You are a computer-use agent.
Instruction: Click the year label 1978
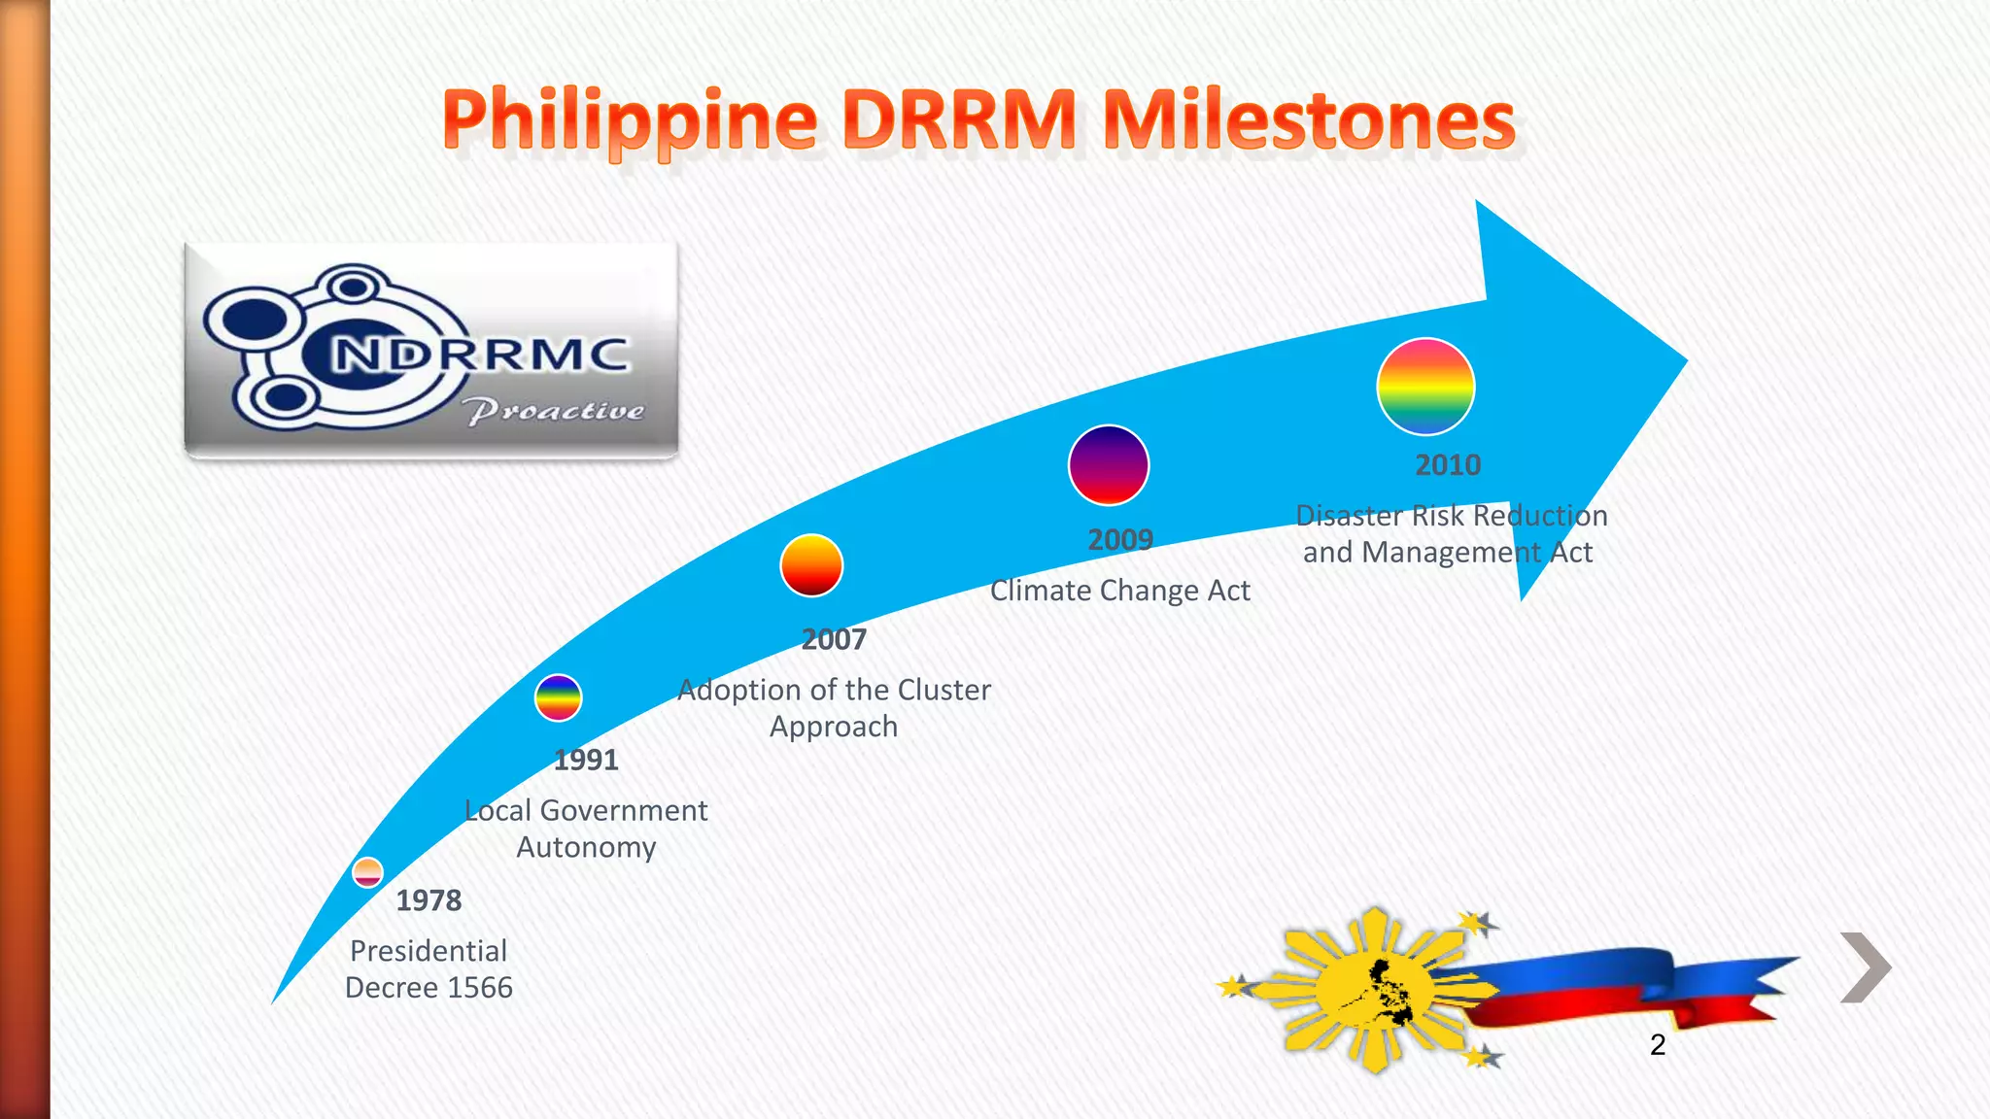pyautogui.click(x=429, y=900)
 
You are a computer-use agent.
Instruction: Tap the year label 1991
pyautogui.click(x=586, y=760)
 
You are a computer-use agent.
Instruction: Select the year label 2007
pyautogui.click(x=834, y=639)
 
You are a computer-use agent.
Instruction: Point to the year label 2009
pyautogui.click(x=1120, y=539)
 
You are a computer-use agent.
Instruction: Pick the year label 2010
pyautogui.click(x=1448, y=465)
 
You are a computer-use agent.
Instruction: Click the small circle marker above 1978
pyautogui.click(x=367, y=872)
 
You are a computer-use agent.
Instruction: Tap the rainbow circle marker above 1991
pyautogui.click(x=558, y=697)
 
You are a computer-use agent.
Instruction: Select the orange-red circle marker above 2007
pyautogui.click(x=811, y=565)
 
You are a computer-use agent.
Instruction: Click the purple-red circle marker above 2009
pyautogui.click(x=1109, y=465)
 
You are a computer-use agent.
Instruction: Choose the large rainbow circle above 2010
pyautogui.click(x=1425, y=386)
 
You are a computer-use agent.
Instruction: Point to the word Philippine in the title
pyautogui.click(x=630, y=122)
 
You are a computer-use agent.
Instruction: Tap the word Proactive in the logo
pyautogui.click(x=554, y=411)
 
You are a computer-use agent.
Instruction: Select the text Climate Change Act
pyautogui.click(x=1119, y=591)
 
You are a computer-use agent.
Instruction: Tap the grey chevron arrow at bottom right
pyautogui.click(x=1866, y=966)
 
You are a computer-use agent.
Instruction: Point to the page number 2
pyautogui.click(x=1658, y=1045)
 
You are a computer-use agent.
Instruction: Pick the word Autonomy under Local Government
pyautogui.click(x=586, y=847)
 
